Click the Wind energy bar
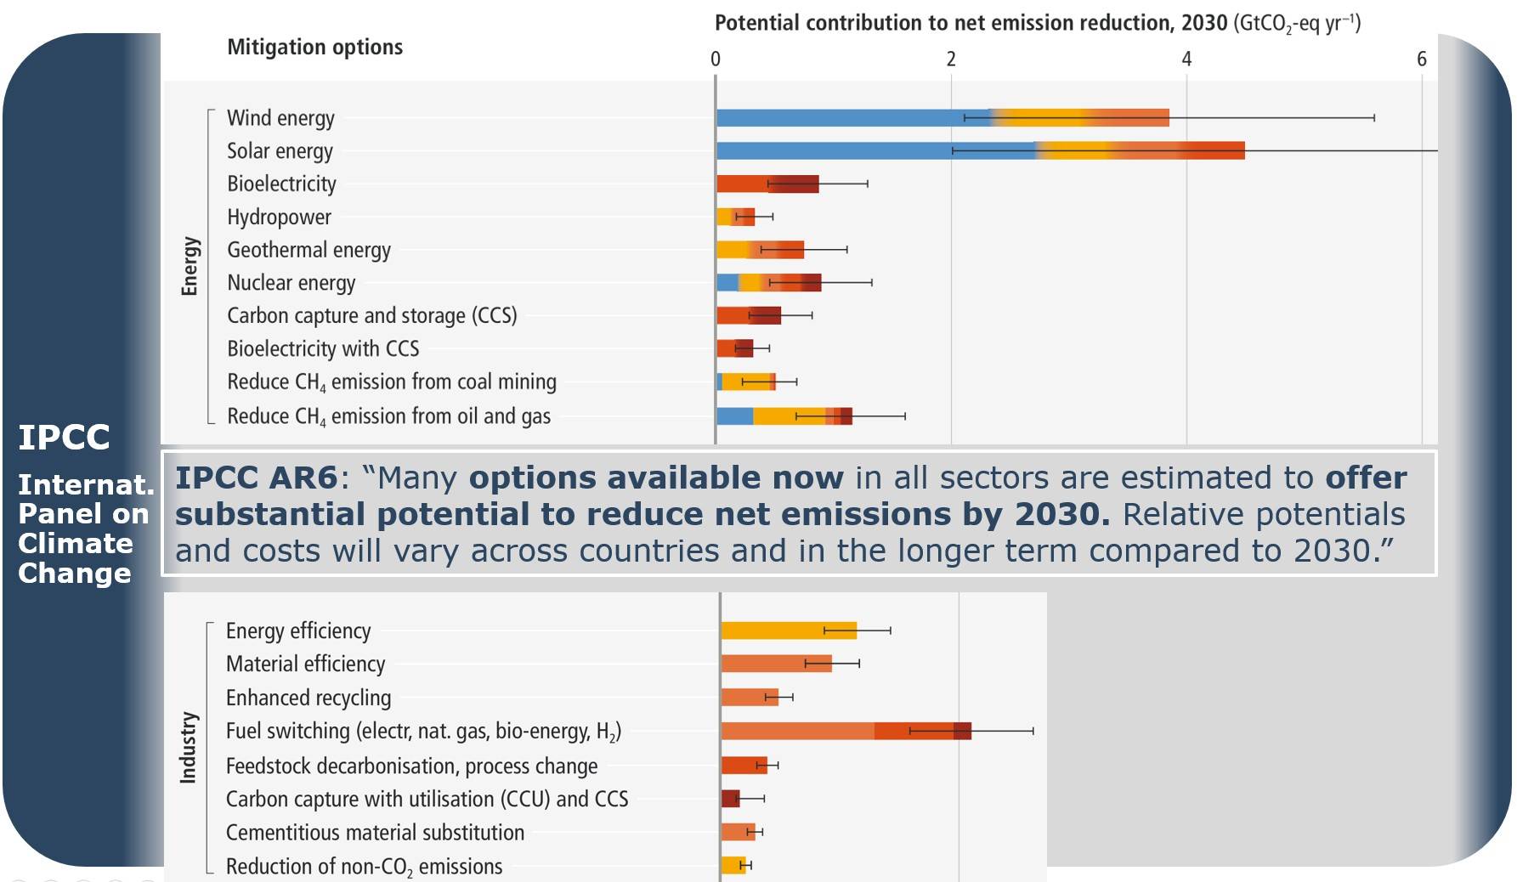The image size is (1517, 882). coord(942,117)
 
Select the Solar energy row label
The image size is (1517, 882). coord(280,151)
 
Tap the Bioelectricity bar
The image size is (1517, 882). coord(767,184)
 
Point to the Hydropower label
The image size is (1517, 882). coord(279,218)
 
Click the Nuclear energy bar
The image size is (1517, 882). coord(768,282)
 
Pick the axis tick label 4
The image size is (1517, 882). coord(1186,59)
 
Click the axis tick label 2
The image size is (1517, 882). coord(951,59)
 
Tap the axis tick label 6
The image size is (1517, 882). coord(1421,59)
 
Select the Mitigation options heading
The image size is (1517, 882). coord(314,47)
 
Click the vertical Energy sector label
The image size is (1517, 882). coord(190,266)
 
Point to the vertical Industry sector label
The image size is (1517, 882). coord(188,747)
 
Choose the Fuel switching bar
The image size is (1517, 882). coord(846,731)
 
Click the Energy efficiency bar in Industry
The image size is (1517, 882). coord(789,630)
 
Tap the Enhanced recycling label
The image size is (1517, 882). coord(308,698)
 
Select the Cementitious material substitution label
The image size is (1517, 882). coord(375,833)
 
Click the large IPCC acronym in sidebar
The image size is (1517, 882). coord(65,438)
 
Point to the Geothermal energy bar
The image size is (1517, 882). coord(760,250)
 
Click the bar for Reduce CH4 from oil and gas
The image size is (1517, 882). coord(784,416)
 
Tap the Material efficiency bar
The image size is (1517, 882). coord(776,664)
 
